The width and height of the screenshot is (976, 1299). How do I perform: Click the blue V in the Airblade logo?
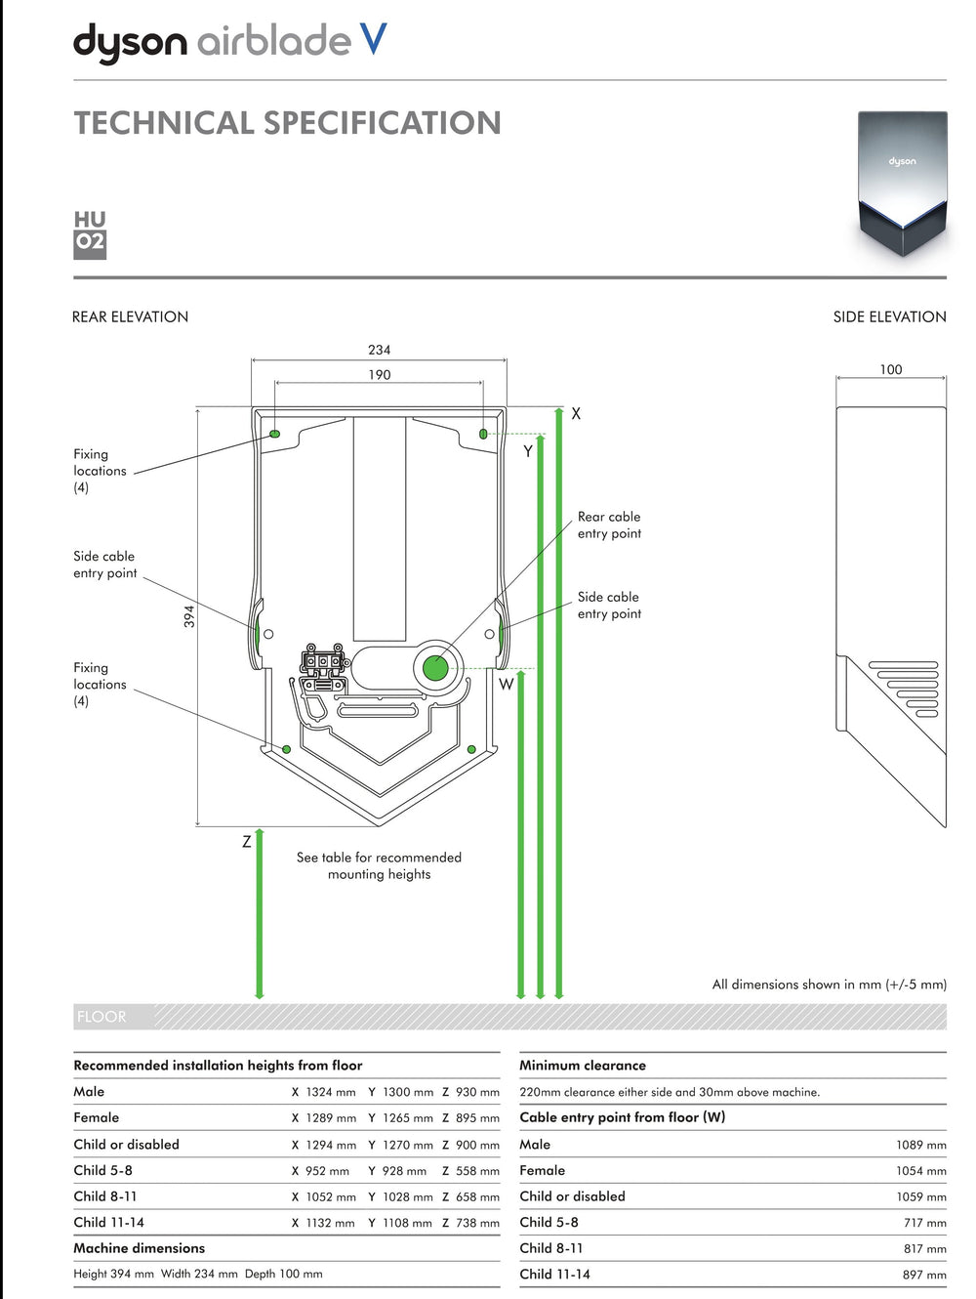[x=374, y=39]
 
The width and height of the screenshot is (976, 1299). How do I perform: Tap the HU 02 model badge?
[x=90, y=235]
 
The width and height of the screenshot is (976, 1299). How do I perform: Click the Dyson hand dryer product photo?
[x=902, y=184]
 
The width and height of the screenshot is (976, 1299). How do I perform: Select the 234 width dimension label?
[x=379, y=350]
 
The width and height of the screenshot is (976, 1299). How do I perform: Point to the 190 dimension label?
[x=379, y=375]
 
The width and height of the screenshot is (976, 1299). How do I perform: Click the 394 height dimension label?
[x=188, y=616]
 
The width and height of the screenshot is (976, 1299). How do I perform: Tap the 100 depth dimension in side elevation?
[x=891, y=370]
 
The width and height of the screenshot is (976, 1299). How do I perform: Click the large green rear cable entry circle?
[x=435, y=668]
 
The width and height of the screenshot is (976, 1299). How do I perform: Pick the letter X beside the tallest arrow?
[x=576, y=414]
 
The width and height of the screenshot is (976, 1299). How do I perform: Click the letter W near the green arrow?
[x=506, y=684]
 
